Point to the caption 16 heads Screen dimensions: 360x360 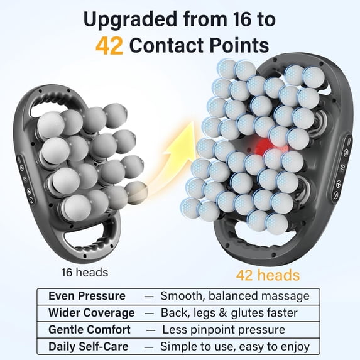84,273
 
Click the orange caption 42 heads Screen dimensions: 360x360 268,275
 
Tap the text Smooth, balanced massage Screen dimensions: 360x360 234,296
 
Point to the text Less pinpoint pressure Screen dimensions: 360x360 223,329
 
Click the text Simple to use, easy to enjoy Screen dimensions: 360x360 234,346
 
